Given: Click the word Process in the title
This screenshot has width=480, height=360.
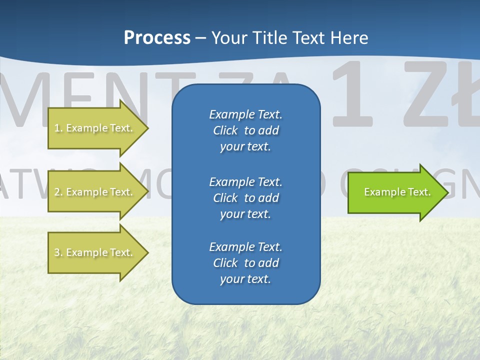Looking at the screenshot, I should coord(157,38).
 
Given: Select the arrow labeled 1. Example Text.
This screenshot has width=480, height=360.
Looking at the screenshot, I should coord(95,128).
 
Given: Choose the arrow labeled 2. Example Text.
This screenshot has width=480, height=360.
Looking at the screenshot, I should coord(95,192).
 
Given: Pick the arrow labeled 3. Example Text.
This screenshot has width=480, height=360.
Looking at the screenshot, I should coord(95,252).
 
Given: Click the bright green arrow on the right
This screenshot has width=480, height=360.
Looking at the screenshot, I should coord(395,192).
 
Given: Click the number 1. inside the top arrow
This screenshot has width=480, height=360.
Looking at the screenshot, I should coord(58,128).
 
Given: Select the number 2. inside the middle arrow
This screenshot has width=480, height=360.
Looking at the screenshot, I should coord(58,192).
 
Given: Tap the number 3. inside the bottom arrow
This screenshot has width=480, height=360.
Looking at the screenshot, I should coord(58,252).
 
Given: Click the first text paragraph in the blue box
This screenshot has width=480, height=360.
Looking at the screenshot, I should coord(245,130).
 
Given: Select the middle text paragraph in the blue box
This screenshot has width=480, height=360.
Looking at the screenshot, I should coord(245,198).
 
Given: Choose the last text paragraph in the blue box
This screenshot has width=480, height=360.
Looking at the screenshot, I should coord(245,263).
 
